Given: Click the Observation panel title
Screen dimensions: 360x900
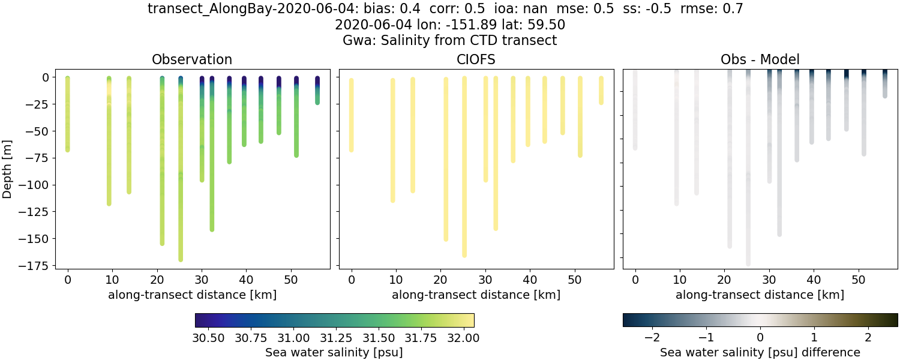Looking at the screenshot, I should coord(192,59).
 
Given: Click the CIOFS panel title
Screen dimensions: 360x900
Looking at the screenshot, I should coord(476,59).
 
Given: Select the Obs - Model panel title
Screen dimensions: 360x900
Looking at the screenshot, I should coord(760,59).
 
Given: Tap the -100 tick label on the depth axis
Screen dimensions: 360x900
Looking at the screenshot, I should coord(37,185).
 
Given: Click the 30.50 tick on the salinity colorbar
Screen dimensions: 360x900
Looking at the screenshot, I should coord(208,337).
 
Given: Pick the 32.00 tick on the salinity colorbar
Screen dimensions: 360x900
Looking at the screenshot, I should coord(464,337).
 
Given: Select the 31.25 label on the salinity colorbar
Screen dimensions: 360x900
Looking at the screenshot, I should coord(336,337).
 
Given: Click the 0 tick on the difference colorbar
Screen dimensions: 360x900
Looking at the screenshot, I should coord(760,337).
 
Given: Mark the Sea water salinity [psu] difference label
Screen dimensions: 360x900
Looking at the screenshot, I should coord(760,352).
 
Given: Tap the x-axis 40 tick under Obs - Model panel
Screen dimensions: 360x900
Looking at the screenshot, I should coord(813,280).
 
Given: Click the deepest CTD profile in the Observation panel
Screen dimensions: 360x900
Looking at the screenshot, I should coord(181,180).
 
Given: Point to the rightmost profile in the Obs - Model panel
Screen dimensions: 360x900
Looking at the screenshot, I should coord(884,84).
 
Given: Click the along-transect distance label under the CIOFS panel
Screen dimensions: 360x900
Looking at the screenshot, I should coord(476,295).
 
